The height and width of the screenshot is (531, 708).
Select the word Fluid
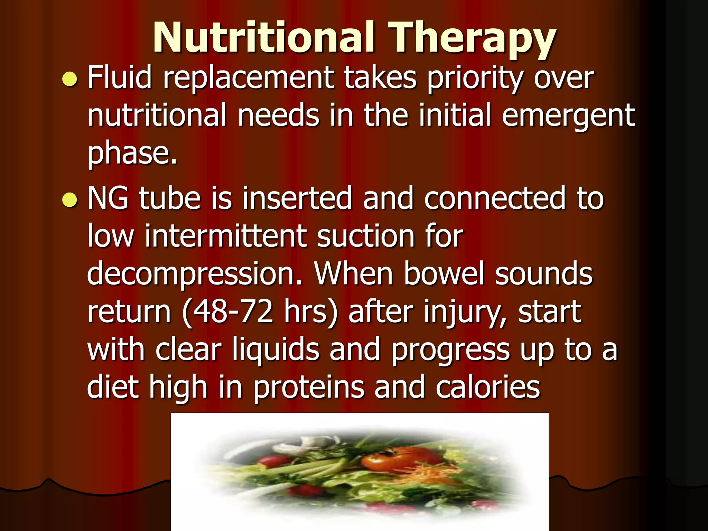click(120, 77)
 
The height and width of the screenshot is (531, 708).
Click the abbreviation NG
click(108, 198)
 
